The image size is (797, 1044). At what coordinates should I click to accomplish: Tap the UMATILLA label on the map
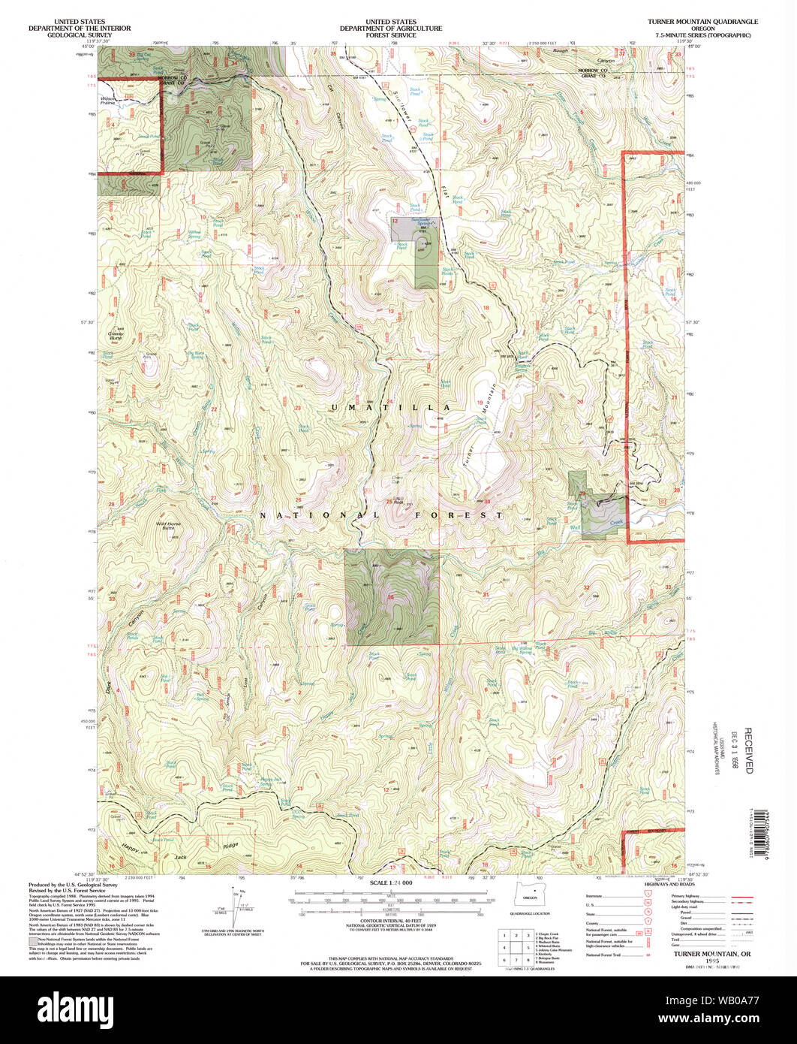coord(390,407)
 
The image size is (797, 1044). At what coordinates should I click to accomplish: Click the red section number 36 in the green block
coord(391,597)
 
